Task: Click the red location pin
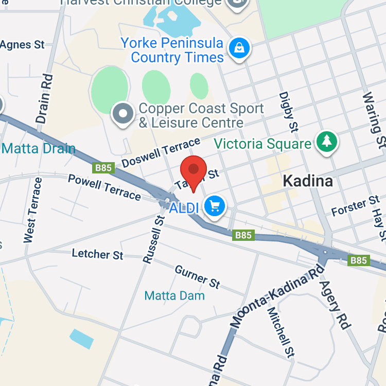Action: pos(194,170)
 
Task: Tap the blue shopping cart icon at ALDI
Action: pos(215,206)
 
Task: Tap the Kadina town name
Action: pos(308,181)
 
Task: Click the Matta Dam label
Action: pos(174,295)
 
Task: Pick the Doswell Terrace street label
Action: pos(161,153)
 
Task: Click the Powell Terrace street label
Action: pos(104,187)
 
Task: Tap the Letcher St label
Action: pos(98,254)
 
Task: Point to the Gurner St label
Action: pos(198,277)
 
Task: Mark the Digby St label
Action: pos(288,111)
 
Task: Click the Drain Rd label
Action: pos(45,99)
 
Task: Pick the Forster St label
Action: pos(355,207)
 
